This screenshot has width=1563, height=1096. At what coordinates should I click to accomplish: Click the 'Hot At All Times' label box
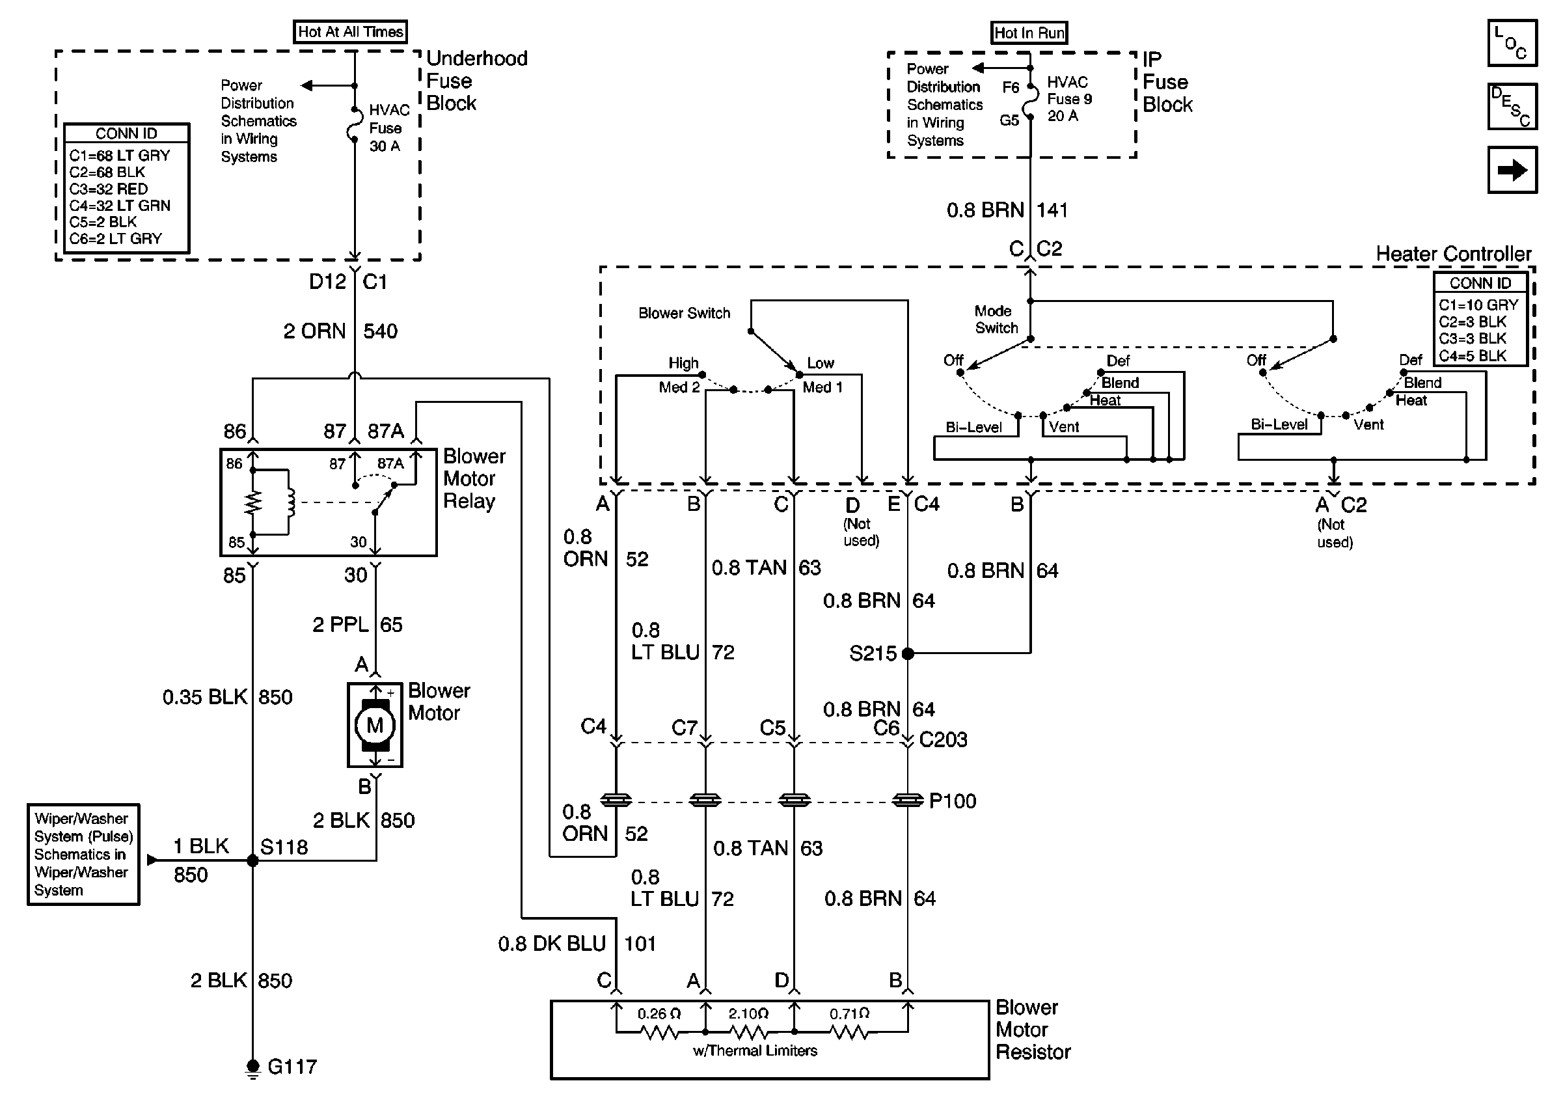pyautogui.click(x=350, y=32)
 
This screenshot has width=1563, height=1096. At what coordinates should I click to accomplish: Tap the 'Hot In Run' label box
pyautogui.click(x=1029, y=33)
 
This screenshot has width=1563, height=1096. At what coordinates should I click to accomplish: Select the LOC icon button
pyautogui.click(x=1512, y=43)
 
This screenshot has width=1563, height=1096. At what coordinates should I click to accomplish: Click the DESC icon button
pyautogui.click(x=1512, y=106)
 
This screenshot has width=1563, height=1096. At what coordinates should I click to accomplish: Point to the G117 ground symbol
pyautogui.click(x=252, y=1067)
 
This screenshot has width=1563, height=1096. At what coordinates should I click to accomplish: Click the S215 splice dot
pyautogui.click(x=908, y=653)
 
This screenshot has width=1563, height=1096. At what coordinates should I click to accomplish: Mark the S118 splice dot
pyautogui.click(x=252, y=860)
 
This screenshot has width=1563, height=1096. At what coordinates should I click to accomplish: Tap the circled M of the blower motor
pyautogui.click(x=375, y=726)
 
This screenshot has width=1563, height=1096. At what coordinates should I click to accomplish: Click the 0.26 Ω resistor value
pyautogui.click(x=659, y=1013)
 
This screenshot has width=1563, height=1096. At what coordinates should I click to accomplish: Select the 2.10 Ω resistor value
pyautogui.click(x=748, y=1013)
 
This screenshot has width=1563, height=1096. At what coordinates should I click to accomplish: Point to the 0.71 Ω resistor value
pyautogui.click(x=849, y=1013)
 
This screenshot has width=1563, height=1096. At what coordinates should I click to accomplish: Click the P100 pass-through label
pyautogui.click(x=953, y=801)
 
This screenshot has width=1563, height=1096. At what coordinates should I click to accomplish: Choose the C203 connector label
pyautogui.click(x=943, y=739)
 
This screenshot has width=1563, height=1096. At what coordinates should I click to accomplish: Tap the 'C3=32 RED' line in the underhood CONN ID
pyautogui.click(x=108, y=189)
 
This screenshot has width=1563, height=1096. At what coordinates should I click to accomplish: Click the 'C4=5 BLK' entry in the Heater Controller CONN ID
pyautogui.click(x=1473, y=355)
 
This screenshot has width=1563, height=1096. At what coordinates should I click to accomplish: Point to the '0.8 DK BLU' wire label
pyautogui.click(x=551, y=944)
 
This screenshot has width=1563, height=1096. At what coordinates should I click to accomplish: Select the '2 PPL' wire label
pyautogui.click(x=340, y=624)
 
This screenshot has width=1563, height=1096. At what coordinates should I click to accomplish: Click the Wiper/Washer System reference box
pyautogui.click(x=83, y=855)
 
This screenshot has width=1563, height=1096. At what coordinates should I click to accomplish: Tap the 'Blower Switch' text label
pyautogui.click(x=683, y=313)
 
